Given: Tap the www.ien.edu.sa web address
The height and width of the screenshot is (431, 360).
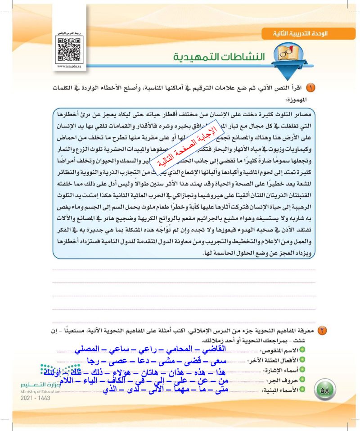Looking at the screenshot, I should point(69,67).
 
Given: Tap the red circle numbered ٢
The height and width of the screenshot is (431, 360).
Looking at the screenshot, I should point(323,331).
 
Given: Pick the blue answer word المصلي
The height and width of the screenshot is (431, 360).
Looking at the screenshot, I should point(90,350).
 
